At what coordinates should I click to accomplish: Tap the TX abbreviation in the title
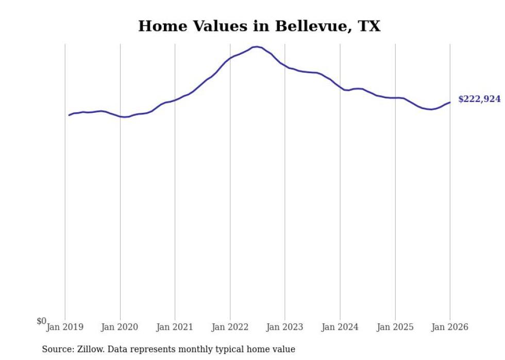click(369, 26)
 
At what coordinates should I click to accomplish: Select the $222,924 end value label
click(479, 99)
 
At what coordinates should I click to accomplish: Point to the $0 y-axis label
click(41, 321)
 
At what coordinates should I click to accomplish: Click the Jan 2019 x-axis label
click(65, 328)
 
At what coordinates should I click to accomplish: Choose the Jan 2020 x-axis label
click(120, 328)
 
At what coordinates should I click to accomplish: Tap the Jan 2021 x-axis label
click(175, 328)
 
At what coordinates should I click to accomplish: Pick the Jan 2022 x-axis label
click(230, 328)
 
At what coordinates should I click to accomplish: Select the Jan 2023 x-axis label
click(285, 328)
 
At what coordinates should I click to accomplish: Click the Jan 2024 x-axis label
click(340, 328)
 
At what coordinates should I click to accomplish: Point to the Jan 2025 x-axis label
click(395, 328)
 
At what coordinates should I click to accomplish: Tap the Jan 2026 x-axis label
click(450, 328)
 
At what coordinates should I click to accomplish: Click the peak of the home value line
click(257, 47)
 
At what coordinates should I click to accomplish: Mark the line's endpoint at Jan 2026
click(450, 102)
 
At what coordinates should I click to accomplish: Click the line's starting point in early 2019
click(69, 115)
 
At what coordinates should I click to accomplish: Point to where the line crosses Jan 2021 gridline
click(175, 100)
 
